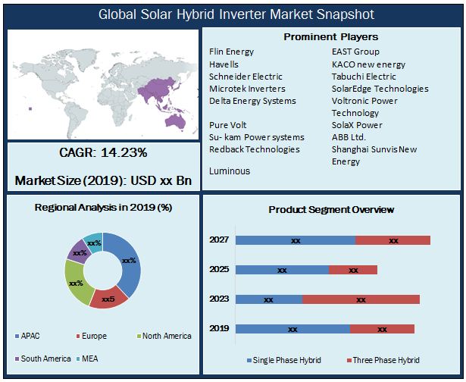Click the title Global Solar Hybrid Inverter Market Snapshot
[x=236, y=14]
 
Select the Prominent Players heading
[x=330, y=36]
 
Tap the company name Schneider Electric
[x=246, y=77]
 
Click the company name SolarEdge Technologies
[x=380, y=89]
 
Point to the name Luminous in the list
[x=230, y=171]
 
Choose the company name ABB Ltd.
[x=349, y=137]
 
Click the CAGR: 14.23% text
[x=103, y=153]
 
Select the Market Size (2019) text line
[x=103, y=181]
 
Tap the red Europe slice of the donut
[x=109, y=298]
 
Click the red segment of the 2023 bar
[x=361, y=299]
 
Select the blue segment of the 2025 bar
[x=282, y=270]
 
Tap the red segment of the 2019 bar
[x=382, y=329]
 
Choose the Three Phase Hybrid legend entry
[x=383, y=360]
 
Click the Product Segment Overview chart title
[x=331, y=210]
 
